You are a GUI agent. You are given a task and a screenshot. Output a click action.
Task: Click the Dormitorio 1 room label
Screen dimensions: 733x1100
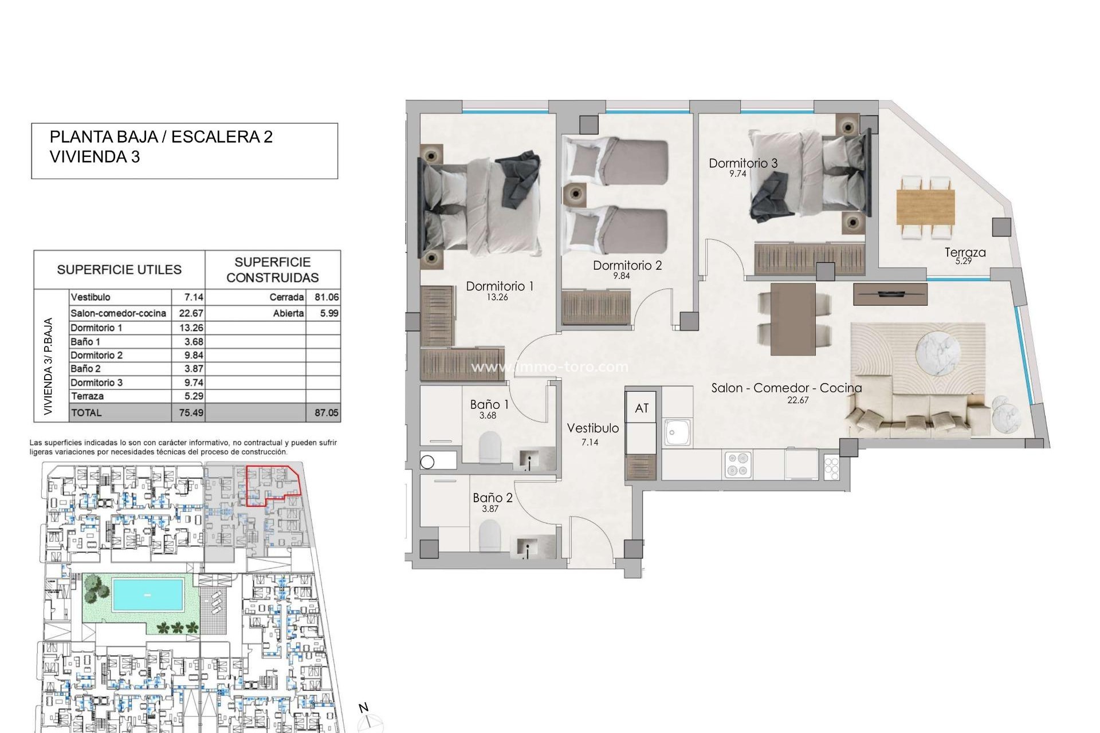[500, 286]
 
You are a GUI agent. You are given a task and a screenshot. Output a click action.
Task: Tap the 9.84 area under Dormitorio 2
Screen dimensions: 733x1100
[621, 276]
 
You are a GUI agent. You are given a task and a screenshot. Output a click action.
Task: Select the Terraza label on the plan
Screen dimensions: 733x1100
[965, 252]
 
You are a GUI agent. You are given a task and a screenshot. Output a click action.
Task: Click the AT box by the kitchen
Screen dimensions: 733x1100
[642, 408]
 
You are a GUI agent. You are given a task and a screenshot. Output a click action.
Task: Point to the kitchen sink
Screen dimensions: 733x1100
[678, 432]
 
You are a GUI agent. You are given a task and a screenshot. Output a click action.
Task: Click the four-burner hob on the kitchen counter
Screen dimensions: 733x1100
[738, 464]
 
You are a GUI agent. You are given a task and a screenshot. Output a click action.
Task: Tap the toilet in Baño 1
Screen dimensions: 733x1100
[490, 447]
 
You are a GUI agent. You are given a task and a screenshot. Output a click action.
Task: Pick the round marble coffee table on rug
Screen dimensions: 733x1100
[938, 354]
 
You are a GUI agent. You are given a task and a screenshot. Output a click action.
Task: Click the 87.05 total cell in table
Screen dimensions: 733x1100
[326, 412]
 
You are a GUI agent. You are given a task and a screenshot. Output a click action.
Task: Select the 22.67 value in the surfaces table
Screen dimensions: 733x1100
[191, 313]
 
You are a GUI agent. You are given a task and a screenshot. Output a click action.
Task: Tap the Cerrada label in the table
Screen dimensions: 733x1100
[286, 297]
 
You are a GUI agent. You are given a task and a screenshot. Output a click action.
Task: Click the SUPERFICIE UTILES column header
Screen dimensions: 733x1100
[119, 270]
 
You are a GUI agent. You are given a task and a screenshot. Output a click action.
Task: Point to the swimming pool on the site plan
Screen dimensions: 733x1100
[148, 594]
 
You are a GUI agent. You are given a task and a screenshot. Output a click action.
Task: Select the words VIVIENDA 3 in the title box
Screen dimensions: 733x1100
[95, 157]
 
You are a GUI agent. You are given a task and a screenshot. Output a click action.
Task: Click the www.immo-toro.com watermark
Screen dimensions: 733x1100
[549, 366]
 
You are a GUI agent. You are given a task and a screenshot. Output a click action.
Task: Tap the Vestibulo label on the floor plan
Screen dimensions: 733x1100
[592, 428]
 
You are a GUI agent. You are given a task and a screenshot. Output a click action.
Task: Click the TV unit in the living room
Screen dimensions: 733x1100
[890, 294]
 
